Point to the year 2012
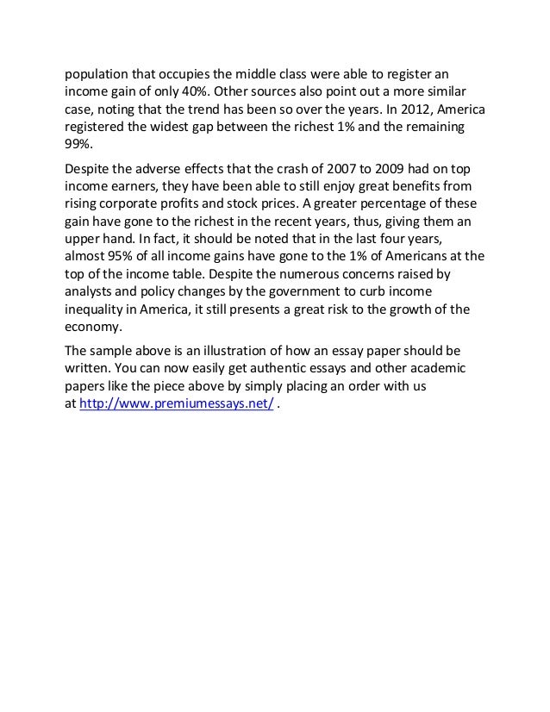coord(397,111)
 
